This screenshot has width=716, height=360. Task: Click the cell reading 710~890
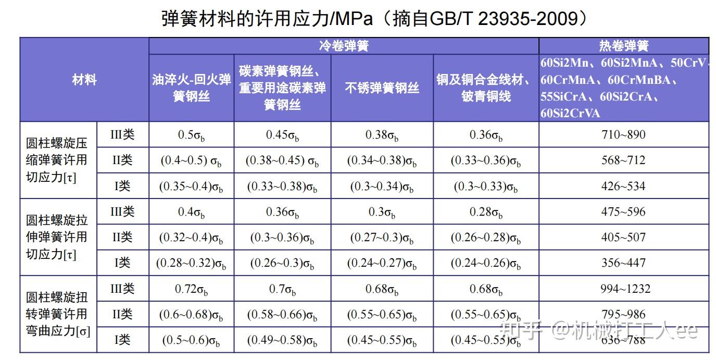623,134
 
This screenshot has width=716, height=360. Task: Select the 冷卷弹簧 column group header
344,46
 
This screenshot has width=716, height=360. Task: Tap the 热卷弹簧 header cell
623,46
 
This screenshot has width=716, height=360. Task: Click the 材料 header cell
84,80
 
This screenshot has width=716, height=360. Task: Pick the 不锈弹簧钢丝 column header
382,88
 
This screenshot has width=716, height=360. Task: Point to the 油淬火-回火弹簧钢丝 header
192,88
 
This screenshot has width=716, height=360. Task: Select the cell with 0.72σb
192,289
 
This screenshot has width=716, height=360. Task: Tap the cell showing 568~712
623,160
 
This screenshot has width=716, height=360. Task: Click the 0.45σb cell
282,135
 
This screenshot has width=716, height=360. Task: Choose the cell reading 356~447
623,263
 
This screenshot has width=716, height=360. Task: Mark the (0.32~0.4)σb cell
192,238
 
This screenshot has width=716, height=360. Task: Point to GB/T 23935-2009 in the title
504,19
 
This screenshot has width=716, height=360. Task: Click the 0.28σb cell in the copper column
486,212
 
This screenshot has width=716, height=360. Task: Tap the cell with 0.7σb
282,289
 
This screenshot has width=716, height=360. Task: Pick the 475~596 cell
623,212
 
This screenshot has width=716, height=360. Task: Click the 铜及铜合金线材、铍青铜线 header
486,88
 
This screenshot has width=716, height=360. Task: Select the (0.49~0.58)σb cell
282,340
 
